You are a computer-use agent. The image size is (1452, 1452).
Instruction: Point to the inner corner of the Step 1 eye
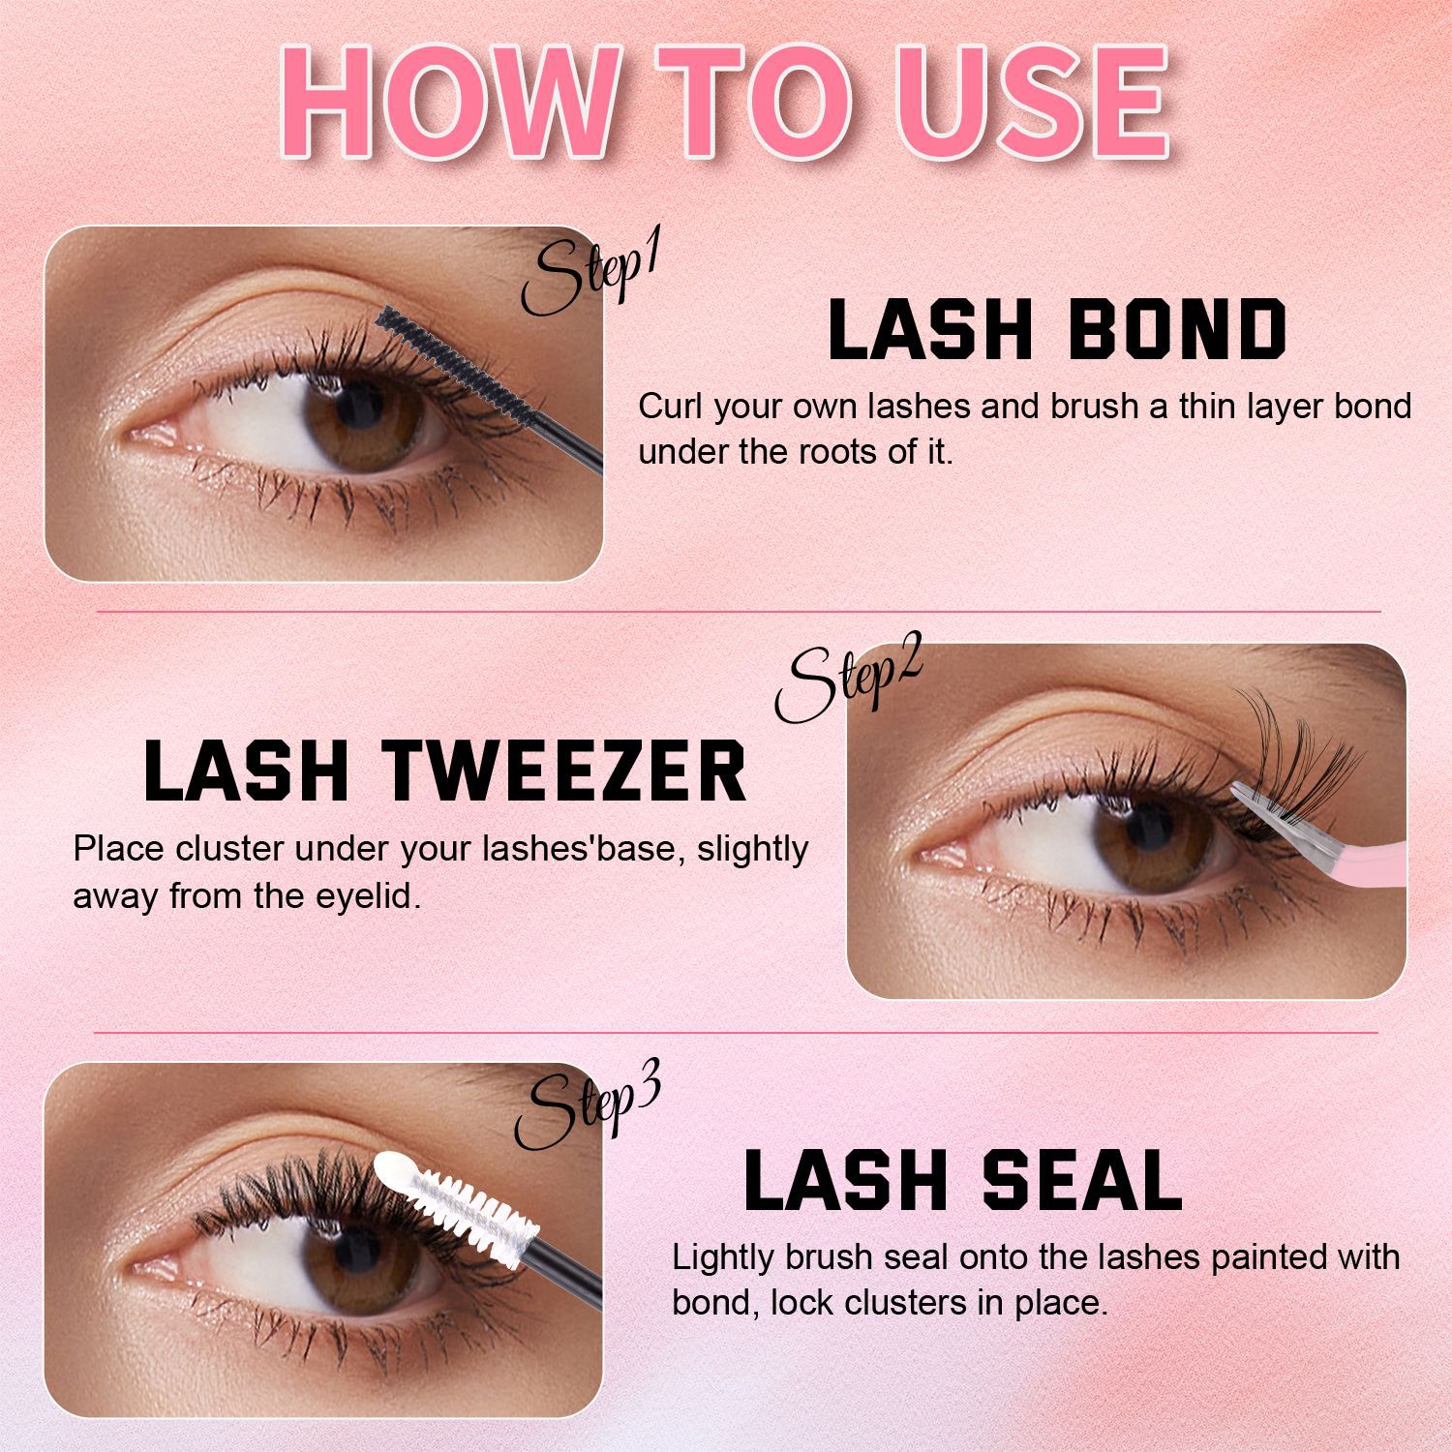pyautogui.click(x=136, y=435)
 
